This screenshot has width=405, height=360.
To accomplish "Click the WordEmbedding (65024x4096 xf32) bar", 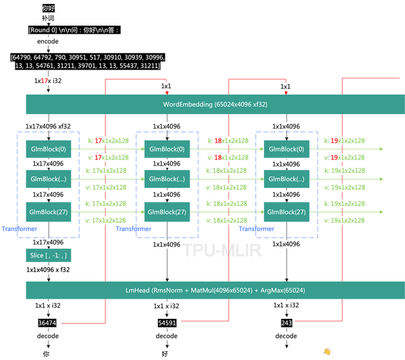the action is [215, 104].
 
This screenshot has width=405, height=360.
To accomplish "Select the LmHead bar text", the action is [215, 290].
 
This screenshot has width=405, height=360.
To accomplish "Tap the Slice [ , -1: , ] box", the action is [49, 255].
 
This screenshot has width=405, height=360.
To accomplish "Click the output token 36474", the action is [47, 323].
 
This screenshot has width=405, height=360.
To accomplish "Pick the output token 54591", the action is [167, 323].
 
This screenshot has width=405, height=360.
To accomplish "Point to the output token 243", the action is [286, 323].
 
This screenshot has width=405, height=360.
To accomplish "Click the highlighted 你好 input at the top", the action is [49, 8].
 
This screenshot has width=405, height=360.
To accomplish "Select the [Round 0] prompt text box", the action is [74, 30].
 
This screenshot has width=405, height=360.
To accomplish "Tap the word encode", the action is [48, 41].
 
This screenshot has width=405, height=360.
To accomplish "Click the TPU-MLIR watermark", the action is [222, 250].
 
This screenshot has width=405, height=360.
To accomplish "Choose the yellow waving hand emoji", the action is [327, 351].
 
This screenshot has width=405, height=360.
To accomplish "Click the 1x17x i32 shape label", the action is [48, 80].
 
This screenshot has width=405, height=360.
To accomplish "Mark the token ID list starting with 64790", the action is [88, 61].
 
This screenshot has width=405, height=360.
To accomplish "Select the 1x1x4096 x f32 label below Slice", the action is [48, 269].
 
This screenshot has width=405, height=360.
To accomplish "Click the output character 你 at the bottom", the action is [46, 354].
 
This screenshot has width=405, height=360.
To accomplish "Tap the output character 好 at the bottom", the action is [165, 354].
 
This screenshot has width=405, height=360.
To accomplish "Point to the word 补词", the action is [48, 18].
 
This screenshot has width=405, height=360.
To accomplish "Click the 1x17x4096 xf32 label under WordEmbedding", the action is [48, 126].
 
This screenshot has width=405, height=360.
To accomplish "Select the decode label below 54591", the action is [167, 336].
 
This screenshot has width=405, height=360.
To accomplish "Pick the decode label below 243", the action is [286, 336].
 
